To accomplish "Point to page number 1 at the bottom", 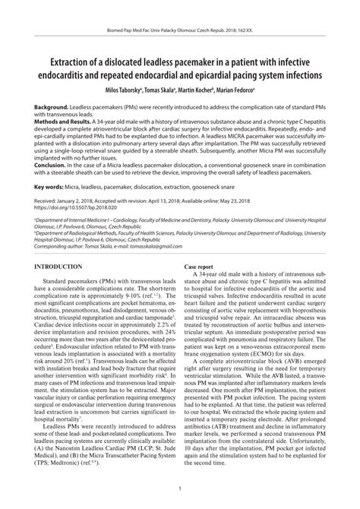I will click(x=180, y=488).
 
